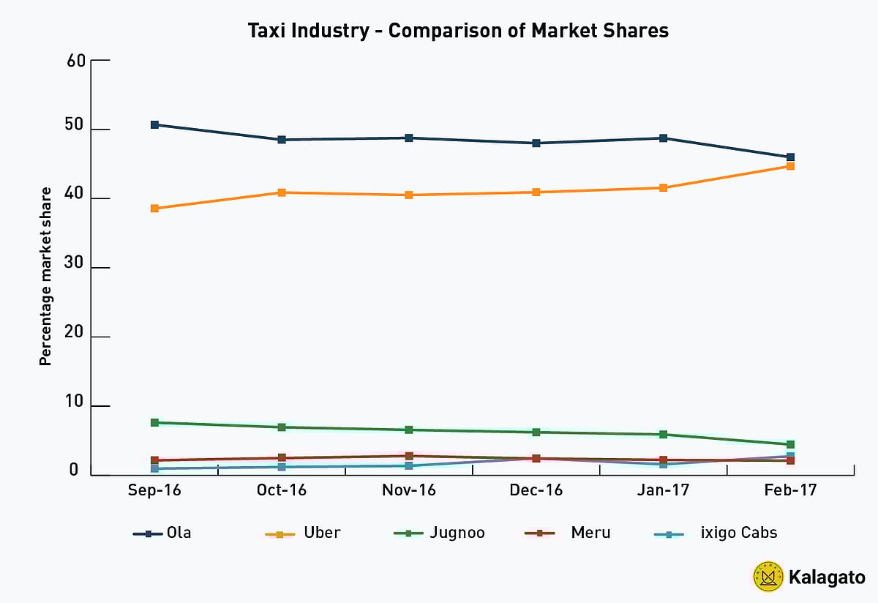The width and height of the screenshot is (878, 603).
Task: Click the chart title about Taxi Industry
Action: coord(458,31)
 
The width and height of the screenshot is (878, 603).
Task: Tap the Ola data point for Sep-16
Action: coord(154,125)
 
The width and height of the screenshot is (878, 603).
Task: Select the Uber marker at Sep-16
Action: coord(154,209)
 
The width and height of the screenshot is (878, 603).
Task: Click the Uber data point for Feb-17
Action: coord(790,166)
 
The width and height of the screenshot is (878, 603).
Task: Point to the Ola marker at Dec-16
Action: coord(536,143)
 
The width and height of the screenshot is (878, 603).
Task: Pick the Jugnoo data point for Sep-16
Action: coord(154,423)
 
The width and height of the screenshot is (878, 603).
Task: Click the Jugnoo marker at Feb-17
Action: coord(790,444)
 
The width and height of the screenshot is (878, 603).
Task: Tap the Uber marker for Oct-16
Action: coord(282,192)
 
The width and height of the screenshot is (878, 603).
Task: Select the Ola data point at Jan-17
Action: coord(664,138)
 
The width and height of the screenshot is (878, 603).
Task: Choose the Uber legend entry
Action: coord(303,533)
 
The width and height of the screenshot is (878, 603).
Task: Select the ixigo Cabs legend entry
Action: coord(716,533)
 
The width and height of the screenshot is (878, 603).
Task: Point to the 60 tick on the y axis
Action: coord(76,61)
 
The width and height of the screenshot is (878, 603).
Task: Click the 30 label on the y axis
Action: coord(76,268)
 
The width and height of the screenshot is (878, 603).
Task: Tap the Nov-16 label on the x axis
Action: coord(409,491)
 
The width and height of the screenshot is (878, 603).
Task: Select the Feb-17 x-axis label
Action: coord(790,491)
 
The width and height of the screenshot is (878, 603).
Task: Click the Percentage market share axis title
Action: coord(45,276)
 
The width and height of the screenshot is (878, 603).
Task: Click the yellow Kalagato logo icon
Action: coord(768,577)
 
